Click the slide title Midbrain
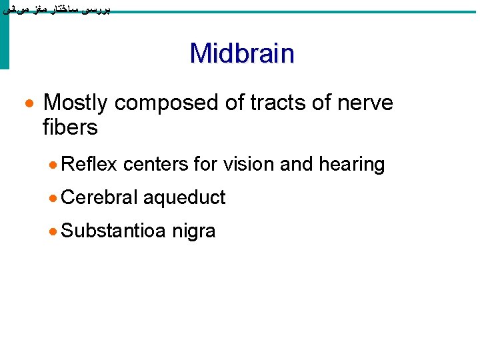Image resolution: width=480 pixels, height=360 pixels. [x=241, y=53]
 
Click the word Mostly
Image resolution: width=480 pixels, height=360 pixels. [x=75, y=103]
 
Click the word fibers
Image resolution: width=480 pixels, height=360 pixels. [x=70, y=127]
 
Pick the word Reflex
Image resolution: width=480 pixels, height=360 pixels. [x=89, y=165]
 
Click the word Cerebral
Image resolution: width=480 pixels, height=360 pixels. [x=99, y=197]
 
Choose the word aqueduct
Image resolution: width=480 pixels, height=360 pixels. [x=185, y=198]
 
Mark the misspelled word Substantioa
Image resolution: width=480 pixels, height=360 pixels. [x=113, y=231]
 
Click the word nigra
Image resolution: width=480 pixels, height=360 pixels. [x=193, y=232]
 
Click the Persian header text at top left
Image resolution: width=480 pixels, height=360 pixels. [x=56, y=9]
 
